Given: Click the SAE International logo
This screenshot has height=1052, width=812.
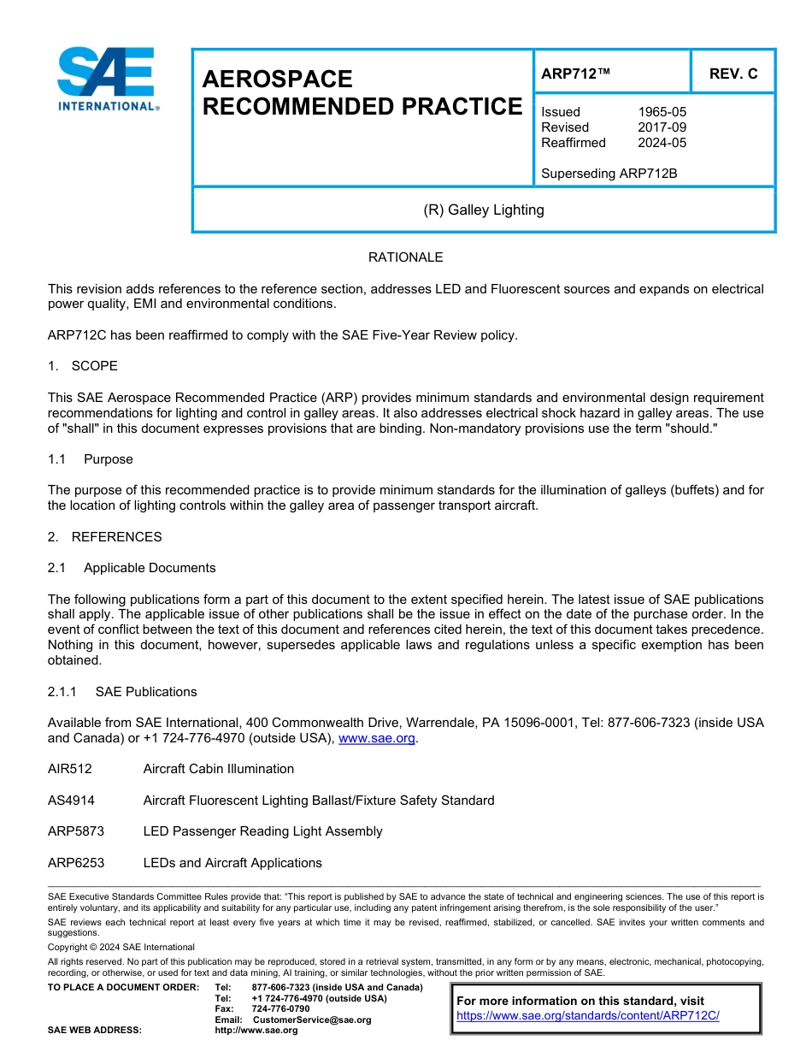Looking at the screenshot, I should point(107,79).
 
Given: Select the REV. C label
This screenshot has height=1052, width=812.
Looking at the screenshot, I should point(733,74).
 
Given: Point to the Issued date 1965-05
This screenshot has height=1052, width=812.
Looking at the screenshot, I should point(662,112).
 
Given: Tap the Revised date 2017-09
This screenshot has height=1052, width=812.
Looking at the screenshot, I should point(662,127).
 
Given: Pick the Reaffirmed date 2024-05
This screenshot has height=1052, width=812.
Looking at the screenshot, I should point(662,143).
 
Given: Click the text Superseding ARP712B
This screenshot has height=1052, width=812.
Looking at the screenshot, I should point(609,174).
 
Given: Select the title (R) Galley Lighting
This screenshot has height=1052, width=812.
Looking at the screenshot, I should point(484,210).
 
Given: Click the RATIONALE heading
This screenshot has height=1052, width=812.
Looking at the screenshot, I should point(405,257).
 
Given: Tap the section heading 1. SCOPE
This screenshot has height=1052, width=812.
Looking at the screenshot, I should point(83,366).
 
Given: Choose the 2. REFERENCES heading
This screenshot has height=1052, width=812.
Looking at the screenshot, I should point(104,537).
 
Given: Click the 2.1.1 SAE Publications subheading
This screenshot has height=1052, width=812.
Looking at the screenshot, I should point(122,692).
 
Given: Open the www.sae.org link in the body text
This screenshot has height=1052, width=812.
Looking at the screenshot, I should point(377,738).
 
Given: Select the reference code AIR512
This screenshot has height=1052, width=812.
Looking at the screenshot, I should point(70,769).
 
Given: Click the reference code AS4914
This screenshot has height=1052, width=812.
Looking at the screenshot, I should point(71,801).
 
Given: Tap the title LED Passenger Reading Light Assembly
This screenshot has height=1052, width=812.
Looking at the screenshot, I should point(262,831).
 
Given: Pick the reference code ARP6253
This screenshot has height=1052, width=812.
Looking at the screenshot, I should point(76,863).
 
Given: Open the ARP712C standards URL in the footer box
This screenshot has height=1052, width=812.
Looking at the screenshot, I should point(588,1015).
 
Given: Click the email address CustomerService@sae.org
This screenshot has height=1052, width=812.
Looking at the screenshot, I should point(312,1019).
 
